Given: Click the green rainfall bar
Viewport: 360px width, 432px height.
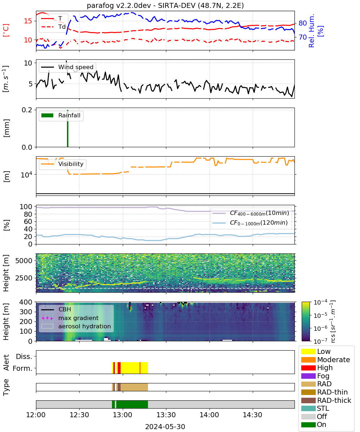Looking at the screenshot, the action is coord(68,129).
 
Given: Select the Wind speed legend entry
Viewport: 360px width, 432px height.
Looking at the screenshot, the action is coord(67,67).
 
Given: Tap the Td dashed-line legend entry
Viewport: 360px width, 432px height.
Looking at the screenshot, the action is coord(53,27).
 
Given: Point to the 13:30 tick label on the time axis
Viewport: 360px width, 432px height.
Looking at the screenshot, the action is coord(166,415).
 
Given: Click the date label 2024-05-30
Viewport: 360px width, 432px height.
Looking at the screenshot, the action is coord(165,427).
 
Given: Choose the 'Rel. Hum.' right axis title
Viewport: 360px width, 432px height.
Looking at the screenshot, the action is coord(311,31).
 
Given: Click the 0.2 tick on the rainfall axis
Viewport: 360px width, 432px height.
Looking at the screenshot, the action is coord(27,110).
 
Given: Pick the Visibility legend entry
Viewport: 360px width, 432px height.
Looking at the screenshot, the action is coord(62,164).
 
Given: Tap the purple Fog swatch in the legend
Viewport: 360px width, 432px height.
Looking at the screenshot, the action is coord(308,376).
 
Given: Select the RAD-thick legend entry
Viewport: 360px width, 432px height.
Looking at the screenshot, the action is coord(326,400).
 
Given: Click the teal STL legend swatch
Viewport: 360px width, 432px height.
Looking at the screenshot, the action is coord(308,408).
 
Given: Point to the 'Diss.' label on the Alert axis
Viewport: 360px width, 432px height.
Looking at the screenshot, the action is coord(24,356).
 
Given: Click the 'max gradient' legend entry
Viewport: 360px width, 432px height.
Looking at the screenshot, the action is coord(70,318).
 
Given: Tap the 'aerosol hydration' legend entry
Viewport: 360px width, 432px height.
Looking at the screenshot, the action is coord(76,326).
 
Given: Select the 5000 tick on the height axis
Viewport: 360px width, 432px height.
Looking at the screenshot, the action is coord(24,261).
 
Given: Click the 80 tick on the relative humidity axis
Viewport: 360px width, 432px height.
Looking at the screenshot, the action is coord(302,23).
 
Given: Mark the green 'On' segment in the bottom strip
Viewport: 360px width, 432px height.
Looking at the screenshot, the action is coord(132,404).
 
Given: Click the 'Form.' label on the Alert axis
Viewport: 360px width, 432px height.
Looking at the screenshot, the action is coord(23,368).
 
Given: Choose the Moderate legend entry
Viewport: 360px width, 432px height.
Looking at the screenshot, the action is coord(325,360).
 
